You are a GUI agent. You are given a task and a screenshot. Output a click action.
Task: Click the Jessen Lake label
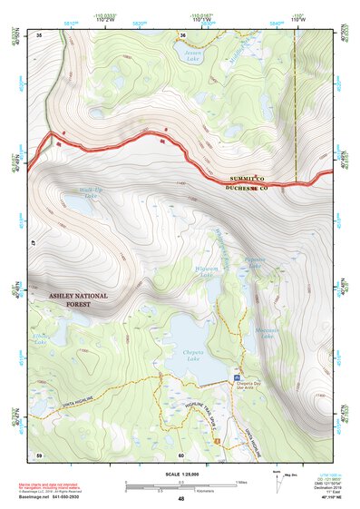[x=191, y=55]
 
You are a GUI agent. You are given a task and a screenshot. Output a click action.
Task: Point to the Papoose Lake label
[x=255, y=261]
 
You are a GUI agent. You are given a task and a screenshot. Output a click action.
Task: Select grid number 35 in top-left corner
[x=40, y=34]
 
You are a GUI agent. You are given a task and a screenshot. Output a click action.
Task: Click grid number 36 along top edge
[x=182, y=34]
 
